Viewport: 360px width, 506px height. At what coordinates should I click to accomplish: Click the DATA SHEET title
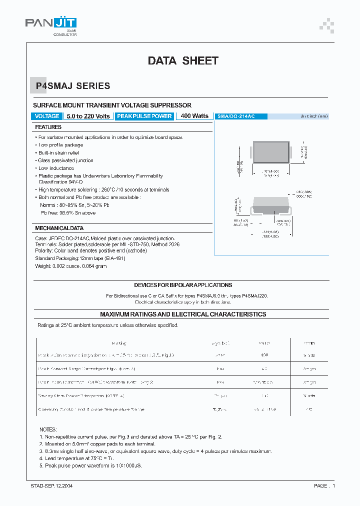[183, 61]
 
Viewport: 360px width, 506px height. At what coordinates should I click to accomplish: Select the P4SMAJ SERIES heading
[72, 86]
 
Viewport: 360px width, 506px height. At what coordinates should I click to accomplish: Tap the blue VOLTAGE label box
[47, 116]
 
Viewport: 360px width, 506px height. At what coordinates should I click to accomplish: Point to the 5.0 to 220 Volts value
[88, 116]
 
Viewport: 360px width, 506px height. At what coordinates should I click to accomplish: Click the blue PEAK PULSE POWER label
[144, 116]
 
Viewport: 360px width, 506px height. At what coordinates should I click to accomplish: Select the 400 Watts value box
[194, 116]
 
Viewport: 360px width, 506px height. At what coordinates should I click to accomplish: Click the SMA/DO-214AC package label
[236, 116]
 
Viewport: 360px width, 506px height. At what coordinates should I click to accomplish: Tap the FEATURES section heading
[48, 127]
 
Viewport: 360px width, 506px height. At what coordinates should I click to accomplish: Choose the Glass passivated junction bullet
[65, 160]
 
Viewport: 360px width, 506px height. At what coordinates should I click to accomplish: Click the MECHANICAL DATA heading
[56, 228]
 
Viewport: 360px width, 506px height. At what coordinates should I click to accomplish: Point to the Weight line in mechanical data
[70, 266]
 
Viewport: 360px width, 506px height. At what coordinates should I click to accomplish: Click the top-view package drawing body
[270, 151]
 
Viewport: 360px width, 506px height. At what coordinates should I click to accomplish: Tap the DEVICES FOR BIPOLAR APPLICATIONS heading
[183, 285]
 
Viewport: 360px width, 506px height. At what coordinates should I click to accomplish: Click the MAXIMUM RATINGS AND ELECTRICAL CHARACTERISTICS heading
[183, 314]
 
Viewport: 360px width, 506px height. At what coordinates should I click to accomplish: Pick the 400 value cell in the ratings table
[264, 355]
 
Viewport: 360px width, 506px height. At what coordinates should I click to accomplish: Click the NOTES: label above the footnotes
[48, 429]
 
